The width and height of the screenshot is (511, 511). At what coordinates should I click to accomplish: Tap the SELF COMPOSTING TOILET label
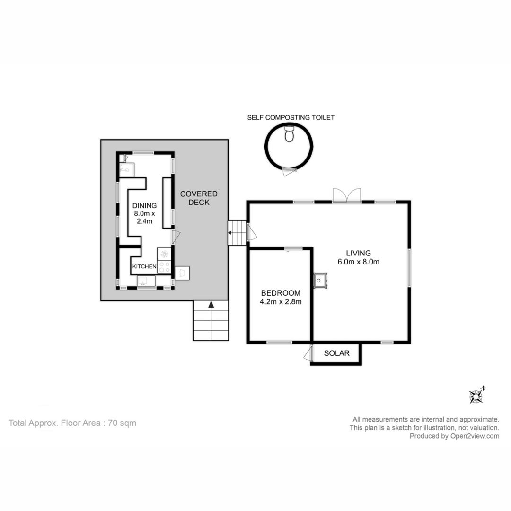click(291, 118)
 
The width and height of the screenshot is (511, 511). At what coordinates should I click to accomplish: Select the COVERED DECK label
click(199, 198)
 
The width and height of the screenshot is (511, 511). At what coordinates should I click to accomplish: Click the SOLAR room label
click(337, 353)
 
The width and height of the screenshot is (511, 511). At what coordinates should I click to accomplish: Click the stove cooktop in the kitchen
click(164, 266)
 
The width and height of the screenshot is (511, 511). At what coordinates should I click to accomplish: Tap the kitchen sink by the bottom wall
click(146, 281)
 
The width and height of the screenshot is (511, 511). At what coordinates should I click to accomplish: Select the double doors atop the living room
click(347, 196)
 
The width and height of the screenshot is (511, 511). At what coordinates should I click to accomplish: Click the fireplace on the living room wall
click(320, 280)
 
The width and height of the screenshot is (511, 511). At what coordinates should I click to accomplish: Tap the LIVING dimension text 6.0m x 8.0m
click(359, 262)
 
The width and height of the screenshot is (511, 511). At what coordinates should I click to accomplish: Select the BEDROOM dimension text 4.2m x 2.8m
click(281, 302)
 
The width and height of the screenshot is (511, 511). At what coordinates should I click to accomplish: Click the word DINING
click(144, 206)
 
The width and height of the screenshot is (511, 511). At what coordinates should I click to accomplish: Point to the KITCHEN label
click(144, 266)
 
